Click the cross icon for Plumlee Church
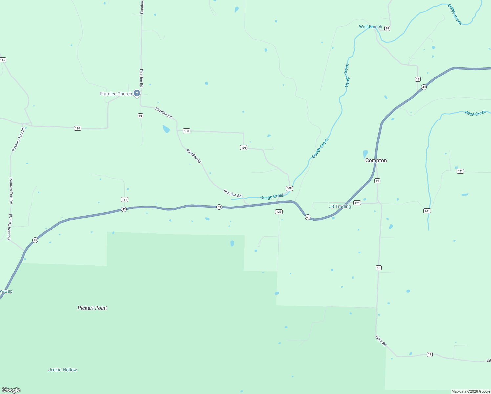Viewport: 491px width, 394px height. (137, 93)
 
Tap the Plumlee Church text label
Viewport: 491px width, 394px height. (116, 94)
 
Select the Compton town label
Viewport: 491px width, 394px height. (376, 160)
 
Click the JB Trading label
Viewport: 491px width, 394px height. (340, 206)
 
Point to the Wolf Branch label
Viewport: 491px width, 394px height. (370, 27)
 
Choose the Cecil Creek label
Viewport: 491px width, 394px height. (475, 113)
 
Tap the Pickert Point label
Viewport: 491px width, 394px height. (92, 308)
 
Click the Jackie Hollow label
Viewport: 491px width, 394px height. (62, 370)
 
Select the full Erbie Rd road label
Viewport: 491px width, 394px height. (381, 341)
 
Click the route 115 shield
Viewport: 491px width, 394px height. (3, 60)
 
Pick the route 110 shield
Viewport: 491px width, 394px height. (77, 128)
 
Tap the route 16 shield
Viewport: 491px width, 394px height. (140, 116)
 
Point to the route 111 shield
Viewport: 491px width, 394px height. (124, 200)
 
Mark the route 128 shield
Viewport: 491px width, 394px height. (279, 212)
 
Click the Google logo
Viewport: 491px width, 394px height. (11, 390)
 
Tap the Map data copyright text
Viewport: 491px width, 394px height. (470, 391)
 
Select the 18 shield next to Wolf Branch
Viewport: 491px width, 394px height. (387, 28)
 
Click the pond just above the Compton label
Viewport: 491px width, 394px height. (365, 154)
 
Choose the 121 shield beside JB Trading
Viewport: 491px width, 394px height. (357, 203)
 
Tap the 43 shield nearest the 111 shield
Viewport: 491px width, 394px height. (124, 209)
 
